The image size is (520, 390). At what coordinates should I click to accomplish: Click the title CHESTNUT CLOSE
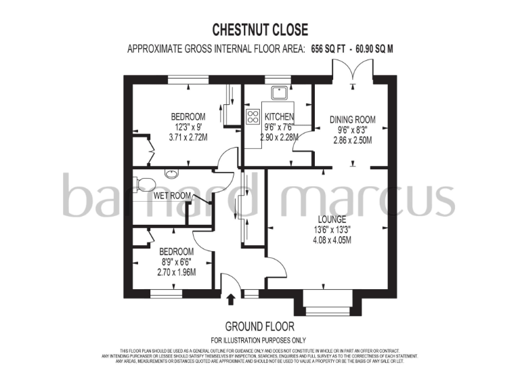(260, 30)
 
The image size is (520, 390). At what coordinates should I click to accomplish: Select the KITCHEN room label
(279, 117)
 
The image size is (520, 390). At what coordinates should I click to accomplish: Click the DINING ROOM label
(352, 120)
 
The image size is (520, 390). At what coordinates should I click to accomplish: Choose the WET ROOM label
(171, 195)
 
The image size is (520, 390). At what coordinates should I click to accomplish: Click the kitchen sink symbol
(278, 93)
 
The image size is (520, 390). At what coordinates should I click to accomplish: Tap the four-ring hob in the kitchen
(253, 116)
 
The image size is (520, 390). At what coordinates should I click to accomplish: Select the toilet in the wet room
(140, 183)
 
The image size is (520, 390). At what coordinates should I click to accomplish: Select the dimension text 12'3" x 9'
(188, 127)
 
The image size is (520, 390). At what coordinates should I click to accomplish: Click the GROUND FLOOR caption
(259, 326)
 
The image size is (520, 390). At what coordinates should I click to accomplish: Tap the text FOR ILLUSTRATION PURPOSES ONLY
(259, 340)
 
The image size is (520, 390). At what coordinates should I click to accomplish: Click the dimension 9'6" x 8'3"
(352, 130)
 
